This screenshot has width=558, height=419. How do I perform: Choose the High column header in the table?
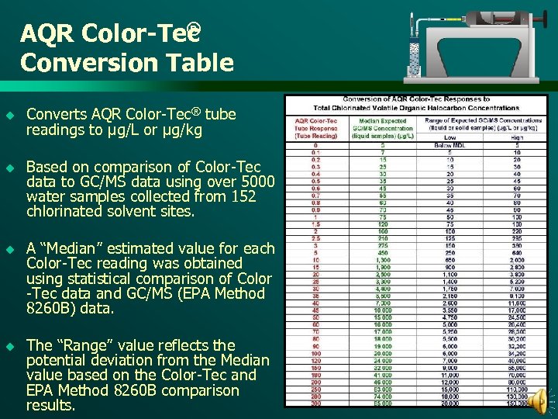[x=516, y=137]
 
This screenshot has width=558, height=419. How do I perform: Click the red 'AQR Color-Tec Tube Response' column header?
[x=316, y=128]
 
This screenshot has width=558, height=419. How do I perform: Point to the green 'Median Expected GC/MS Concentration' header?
[x=384, y=128]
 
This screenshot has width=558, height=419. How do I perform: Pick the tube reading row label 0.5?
[x=315, y=181]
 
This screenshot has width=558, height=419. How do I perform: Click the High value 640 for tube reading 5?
[x=517, y=252]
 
